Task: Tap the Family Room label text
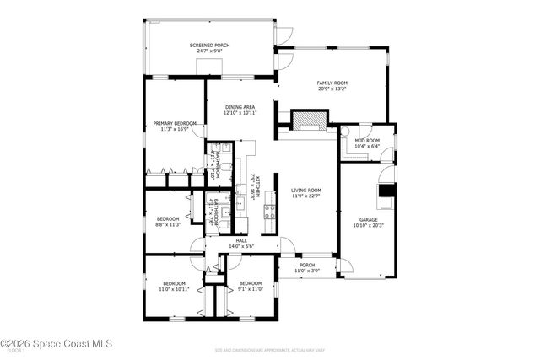[332, 83]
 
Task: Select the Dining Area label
[240, 108]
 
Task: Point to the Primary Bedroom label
[175, 124]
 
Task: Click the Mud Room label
[367, 141]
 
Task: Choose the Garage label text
[369, 219]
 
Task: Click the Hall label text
[241, 242]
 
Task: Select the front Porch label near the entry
[307, 265]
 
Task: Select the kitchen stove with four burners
[270, 211]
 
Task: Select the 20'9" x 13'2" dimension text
[332, 89]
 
